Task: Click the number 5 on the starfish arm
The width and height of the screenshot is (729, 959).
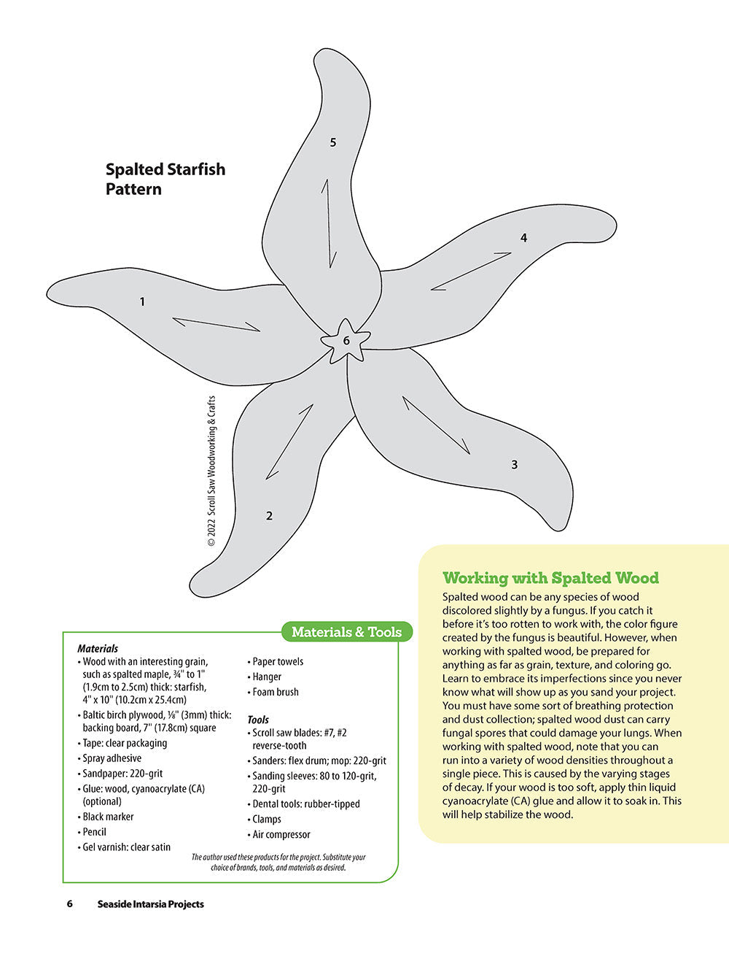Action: [x=333, y=142]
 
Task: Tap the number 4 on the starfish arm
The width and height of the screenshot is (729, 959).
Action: [x=523, y=238]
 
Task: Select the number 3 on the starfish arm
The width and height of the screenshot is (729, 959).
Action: [x=515, y=464]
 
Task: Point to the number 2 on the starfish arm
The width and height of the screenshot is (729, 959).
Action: [x=269, y=516]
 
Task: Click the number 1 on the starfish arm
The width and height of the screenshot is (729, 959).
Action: [x=142, y=301]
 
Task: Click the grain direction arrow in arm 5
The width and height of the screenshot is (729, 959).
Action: [x=329, y=224]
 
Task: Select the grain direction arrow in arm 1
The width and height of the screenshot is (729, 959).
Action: [x=217, y=325]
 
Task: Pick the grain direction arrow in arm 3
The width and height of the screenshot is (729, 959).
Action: [x=436, y=425]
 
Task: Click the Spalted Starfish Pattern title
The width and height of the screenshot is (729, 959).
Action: [x=165, y=179]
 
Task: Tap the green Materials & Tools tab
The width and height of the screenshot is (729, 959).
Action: [x=347, y=632]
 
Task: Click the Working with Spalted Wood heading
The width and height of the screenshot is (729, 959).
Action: [x=550, y=578]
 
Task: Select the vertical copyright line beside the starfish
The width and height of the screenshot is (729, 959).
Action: [x=211, y=471]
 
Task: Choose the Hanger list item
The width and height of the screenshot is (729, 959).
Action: [x=265, y=677]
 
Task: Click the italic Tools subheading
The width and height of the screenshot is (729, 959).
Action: [x=258, y=720]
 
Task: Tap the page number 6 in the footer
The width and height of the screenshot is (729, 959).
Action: [x=70, y=904]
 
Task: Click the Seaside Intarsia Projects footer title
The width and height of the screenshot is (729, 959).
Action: [x=150, y=904]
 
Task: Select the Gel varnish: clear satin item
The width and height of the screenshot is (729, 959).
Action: [x=124, y=847]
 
